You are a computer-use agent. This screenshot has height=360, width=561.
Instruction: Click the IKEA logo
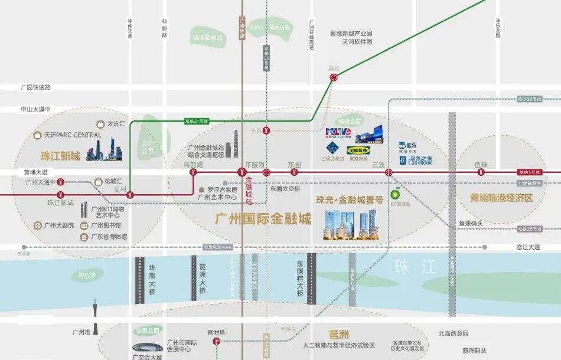click(x=359, y=150)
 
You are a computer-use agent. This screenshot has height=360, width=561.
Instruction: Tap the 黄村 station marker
click(x=334, y=77)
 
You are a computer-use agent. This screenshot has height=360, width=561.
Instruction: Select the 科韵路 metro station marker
click(x=193, y=172)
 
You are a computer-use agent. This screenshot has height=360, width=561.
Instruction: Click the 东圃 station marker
click(x=294, y=172)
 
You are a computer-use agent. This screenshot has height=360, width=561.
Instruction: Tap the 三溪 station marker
click(x=389, y=172)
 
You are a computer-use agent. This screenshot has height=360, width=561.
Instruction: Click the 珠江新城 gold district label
click(x=60, y=156)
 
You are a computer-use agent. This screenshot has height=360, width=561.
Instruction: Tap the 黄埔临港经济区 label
click(x=501, y=198)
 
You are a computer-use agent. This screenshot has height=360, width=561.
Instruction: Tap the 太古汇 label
click(x=116, y=125)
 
